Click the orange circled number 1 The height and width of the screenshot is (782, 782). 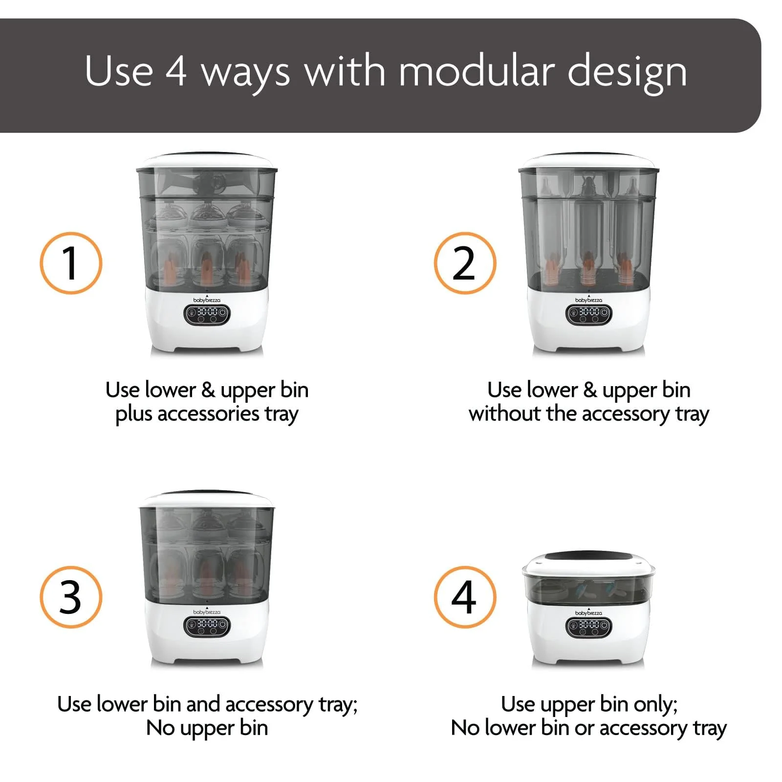coord(71,263)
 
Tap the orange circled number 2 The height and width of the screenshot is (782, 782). coord(465,263)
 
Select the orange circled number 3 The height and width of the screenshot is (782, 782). coord(71,597)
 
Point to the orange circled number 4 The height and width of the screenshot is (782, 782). coord(465,597)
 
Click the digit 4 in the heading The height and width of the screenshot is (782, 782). coord(176,71)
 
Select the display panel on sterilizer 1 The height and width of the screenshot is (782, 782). coord(207,314)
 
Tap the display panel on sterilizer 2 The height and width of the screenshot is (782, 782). coord(588,314)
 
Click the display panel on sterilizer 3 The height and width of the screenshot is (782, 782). coord(207,627)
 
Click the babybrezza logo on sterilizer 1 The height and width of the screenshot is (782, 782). coord(207,300)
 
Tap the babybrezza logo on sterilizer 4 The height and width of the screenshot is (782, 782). coord(588,612)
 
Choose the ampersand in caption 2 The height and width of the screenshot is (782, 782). coord(590,391)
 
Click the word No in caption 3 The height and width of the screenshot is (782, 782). coord(161,728)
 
